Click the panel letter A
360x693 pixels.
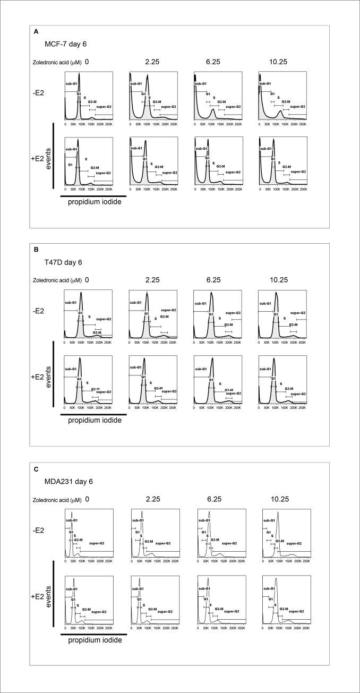tap(36, 32)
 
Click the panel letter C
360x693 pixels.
tap(36, 469)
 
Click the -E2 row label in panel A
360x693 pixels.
tap(43, 96)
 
